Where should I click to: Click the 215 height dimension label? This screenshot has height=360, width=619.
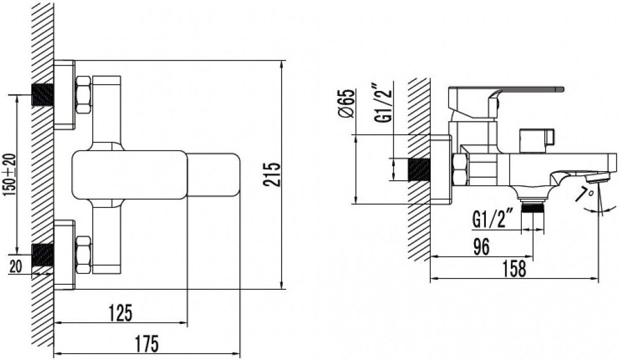coord(272,174)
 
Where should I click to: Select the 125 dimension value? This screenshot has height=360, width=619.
coord(120,313)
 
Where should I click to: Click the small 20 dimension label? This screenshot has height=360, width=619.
coord(15,267)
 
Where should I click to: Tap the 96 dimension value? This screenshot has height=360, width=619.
coord(480,247)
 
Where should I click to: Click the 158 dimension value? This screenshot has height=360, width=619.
coord(514,268)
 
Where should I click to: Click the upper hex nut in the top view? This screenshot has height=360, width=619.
coord(83,95)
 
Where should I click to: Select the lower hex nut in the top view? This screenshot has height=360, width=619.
coord(83,255)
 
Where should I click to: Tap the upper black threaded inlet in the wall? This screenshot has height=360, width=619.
coord(43,95)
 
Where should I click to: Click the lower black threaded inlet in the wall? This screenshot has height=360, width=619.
coord(43,255)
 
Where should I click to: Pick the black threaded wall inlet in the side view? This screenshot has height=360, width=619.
coord(419,169)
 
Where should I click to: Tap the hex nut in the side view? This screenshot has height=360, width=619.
coord(460,170)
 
